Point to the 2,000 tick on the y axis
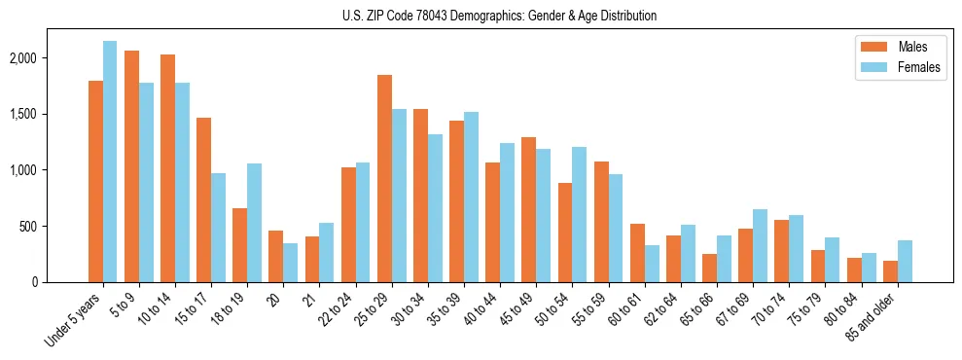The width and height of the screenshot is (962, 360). pyautogui.click(x=21, y=58)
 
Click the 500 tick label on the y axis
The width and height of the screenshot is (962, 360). pyautogui.click(x=27, y=227)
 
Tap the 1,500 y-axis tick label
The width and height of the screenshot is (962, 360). pyautogui.click(x=21, y=115)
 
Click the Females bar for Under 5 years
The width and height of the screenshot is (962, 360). pyautogui.click(x=110, y=162)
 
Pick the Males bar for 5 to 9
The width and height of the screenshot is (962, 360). pyautogui.click(x=131, y=166)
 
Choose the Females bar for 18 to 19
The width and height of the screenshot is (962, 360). pyautogui.click(x=254, y=223)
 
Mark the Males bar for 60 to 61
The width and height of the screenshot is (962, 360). pyautogui.click(x=637, y=253)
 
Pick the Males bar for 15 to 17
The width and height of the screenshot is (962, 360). pyautogui.click(x=203, y=199)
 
